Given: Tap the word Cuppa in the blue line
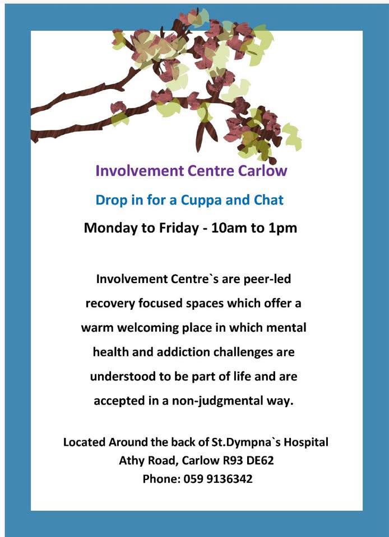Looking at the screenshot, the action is (x=201, y=200).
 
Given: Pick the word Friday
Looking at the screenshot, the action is (x=178, y=228).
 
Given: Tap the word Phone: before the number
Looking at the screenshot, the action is (x=161, y=479).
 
